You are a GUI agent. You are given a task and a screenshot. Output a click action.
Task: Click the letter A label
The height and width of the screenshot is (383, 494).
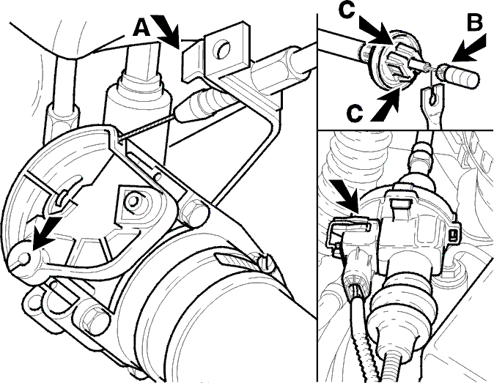141,29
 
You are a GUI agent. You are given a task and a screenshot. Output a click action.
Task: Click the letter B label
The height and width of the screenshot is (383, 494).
474,23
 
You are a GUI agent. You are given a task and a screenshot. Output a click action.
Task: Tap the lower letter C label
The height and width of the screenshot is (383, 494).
355,114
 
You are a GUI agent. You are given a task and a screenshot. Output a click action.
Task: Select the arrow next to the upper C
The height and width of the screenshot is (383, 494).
376,31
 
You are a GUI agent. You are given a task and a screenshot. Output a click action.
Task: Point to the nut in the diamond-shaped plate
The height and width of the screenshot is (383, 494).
133,201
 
